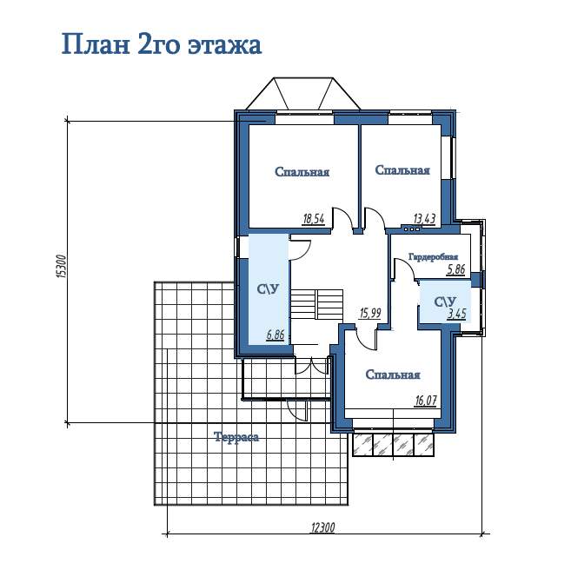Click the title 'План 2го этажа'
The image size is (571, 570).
(162, 45)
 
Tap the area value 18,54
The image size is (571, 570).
(313, 219)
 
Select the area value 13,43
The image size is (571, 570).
(425, 218)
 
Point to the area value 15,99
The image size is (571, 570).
(370, 313)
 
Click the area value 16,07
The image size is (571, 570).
(426, 401)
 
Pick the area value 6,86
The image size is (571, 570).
(276, 335)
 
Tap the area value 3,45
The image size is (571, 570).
(456, 314)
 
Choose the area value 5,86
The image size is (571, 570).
(456, 269)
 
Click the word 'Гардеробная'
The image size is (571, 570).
(433, 256)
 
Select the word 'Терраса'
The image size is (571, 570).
(236, 437)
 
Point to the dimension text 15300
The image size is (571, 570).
(63, 267)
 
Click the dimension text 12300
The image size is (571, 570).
(323, 527)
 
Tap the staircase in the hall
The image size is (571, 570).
(317, 304)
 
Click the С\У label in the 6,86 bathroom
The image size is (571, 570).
(269, 289)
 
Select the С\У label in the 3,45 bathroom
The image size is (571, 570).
(445, 302)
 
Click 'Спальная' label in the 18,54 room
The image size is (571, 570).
(302, 172)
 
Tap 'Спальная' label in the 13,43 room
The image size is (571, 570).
(402, 170)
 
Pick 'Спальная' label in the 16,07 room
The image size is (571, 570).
(393, 374)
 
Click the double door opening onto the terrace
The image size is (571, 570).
(312, 366)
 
